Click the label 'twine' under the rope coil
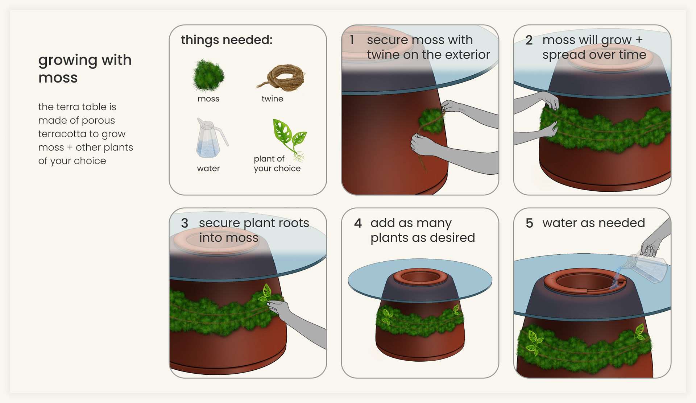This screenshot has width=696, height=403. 272,99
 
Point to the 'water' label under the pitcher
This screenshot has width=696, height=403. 208,168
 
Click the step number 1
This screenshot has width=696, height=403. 352,40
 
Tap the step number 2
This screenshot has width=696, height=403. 529,40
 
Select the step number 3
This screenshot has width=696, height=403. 185,223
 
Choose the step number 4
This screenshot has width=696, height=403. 358,223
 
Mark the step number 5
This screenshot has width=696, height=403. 529,223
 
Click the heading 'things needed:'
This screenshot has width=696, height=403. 227,40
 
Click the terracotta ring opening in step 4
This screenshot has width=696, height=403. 420,277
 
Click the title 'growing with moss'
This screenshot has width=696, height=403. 85,68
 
